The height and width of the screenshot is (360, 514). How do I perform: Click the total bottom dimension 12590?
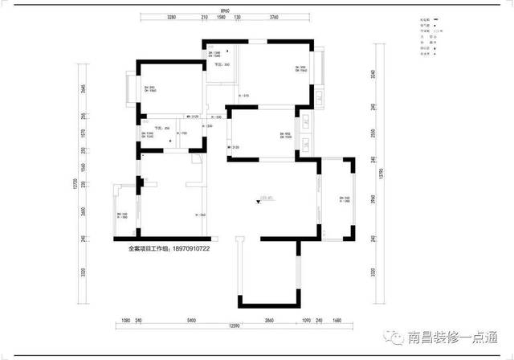[234, 325]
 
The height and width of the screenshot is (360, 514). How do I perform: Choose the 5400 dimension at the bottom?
[190, 320]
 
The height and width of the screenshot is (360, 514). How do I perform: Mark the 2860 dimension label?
[269, 320]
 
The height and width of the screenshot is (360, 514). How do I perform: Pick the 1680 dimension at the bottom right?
[337, 320]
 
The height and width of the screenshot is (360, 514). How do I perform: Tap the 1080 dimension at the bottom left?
[124, 320]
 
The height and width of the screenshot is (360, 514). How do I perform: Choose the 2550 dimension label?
[373, 133]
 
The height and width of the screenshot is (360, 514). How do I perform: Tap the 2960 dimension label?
[373, 199]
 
